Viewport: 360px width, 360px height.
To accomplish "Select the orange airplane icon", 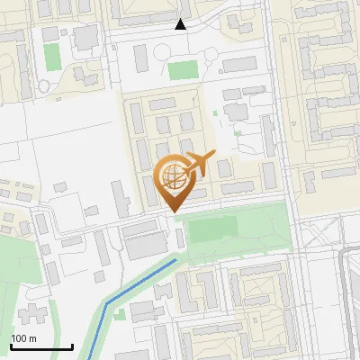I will [197, 164].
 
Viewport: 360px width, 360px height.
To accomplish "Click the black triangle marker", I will [180, 24].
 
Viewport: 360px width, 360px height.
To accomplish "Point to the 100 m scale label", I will [23, 338].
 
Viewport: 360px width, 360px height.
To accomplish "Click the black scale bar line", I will [41, 346].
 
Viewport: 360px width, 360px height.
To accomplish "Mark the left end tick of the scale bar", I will [11, 345].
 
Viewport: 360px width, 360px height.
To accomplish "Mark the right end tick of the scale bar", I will [72, 345].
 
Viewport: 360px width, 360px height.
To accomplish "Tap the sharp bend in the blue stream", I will [106, 303].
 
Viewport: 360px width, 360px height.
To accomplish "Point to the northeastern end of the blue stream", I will [175, 260].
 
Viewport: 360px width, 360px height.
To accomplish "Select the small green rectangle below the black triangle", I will [183, 69].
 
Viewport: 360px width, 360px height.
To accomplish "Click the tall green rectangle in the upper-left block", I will [52, 57].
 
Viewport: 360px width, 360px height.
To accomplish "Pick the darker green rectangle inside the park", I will [208, 229].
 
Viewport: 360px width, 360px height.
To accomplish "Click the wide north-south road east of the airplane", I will [287, 162].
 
